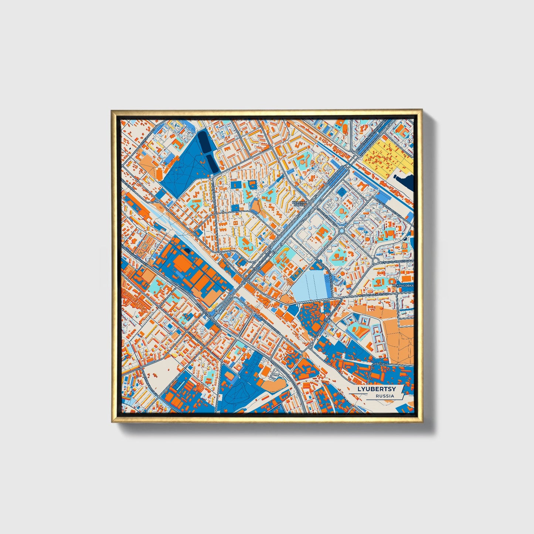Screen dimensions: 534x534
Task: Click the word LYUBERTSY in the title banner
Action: click(376, 390)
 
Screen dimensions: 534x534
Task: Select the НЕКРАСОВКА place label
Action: click(402, 286)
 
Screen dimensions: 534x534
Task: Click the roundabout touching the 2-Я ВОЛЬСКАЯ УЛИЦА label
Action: click(375, 261)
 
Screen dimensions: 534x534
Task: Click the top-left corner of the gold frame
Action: click(112, 110)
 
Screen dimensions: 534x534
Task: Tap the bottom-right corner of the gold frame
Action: click(422, 422)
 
